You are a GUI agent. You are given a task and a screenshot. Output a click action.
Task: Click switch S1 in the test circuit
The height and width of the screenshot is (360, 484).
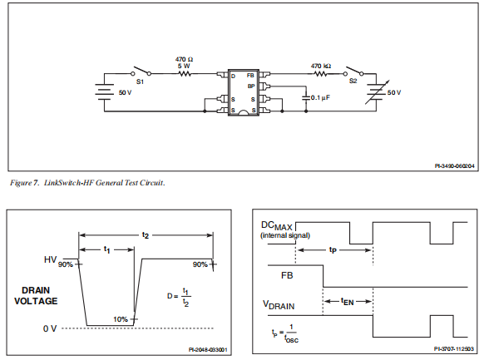[x=141, y=71]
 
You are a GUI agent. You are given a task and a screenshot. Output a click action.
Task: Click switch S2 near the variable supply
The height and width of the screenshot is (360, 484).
[x=353, y=72]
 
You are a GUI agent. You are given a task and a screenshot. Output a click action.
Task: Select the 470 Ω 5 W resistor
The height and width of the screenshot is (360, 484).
[x=185, y=74]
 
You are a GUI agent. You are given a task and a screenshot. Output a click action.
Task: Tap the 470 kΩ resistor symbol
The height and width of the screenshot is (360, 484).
[x=320, y=74]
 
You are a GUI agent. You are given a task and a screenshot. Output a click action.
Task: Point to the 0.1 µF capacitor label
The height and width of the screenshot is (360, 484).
[x=320, y=98]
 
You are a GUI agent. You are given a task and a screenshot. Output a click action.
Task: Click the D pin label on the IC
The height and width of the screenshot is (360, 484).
[x=233, y=76]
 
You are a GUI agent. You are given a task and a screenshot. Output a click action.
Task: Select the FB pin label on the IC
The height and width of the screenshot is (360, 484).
[x=250, y=76]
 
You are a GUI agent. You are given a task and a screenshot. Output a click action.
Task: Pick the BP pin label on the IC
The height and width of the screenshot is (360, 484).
[x=251, y=86]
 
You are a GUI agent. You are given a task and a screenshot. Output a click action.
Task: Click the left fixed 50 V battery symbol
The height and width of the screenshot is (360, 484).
[x=104, y=92]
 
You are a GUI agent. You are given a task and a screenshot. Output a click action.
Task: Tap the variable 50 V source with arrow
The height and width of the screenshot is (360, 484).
[x=377, y=92]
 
